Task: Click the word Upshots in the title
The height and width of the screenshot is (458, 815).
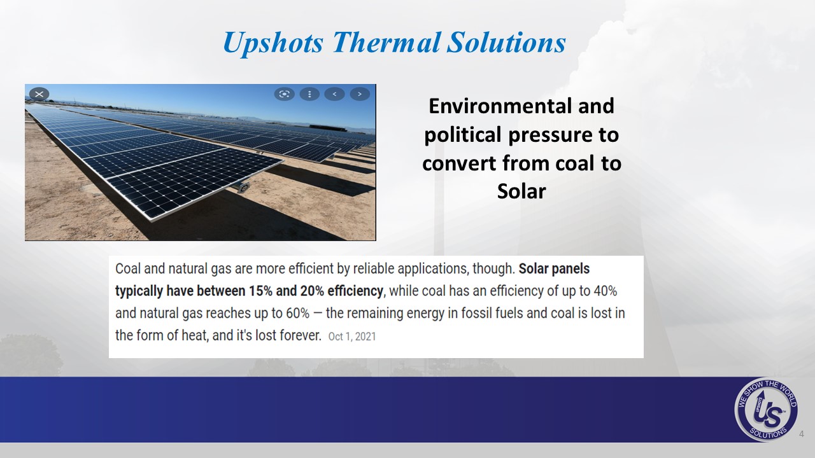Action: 273,43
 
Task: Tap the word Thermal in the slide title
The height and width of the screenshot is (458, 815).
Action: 386,42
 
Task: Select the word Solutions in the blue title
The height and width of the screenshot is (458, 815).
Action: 506,42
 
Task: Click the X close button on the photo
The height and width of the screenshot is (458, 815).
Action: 39,94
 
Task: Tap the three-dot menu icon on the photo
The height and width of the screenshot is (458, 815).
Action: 309,94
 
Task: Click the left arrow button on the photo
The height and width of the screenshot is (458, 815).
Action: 334,94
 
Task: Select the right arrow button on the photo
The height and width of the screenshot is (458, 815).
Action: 360,94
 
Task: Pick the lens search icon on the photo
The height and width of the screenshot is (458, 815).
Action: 284,94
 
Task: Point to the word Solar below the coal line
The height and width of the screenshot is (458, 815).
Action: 521,191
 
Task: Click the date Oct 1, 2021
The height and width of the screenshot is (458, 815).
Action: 352,337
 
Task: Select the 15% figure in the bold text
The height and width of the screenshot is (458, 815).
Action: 260,291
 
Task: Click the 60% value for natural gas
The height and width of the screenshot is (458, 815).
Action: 297,313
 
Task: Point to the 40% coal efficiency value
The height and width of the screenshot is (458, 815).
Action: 605,291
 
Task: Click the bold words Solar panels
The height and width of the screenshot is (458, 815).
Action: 554,269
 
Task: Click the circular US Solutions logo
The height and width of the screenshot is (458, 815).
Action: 766,410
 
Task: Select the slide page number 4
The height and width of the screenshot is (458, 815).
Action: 801,434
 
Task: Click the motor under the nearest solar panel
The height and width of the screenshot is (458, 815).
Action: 243,187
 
